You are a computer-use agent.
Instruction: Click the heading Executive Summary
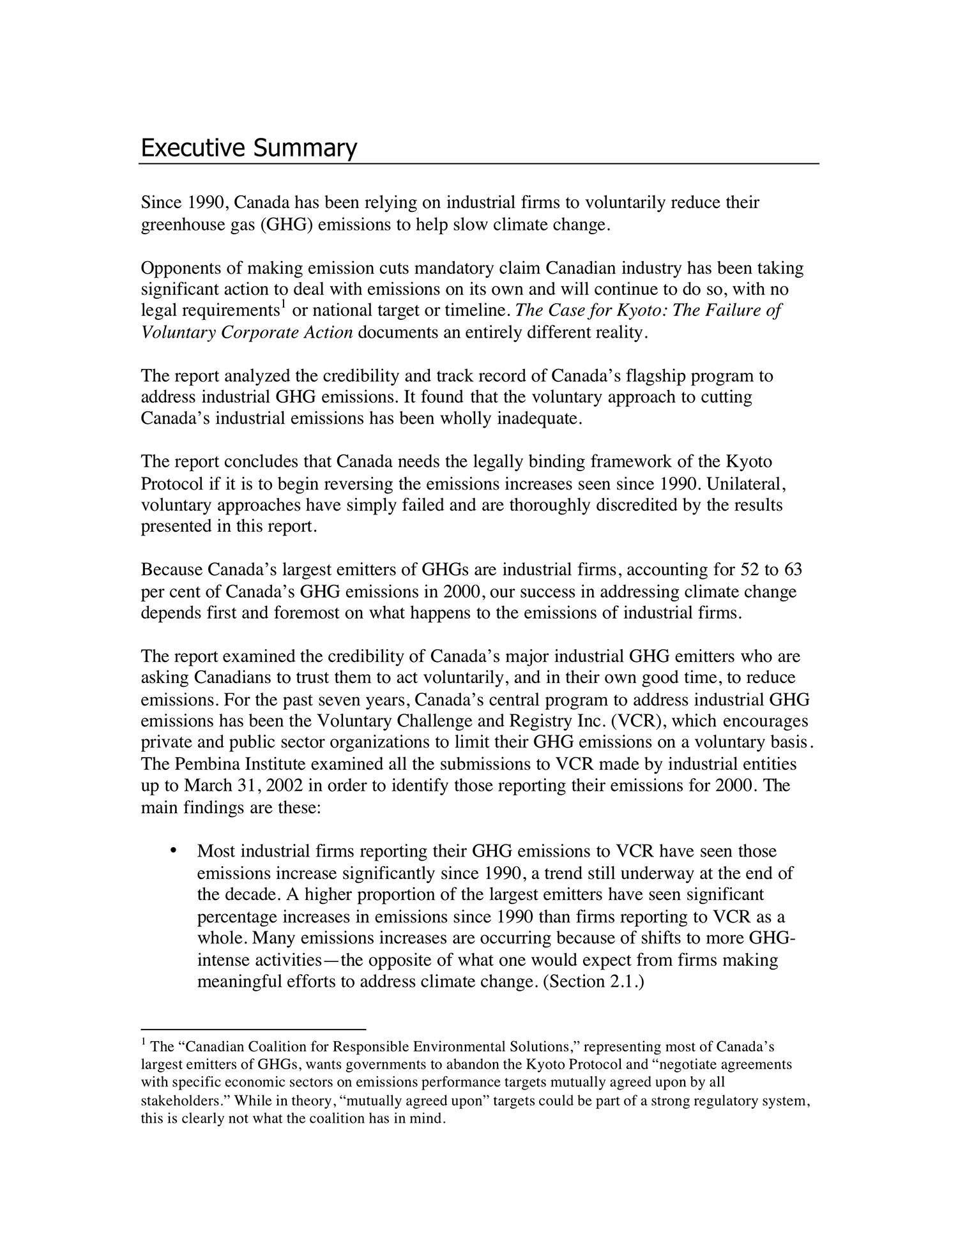248,147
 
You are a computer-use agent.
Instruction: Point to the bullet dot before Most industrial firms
172,851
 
